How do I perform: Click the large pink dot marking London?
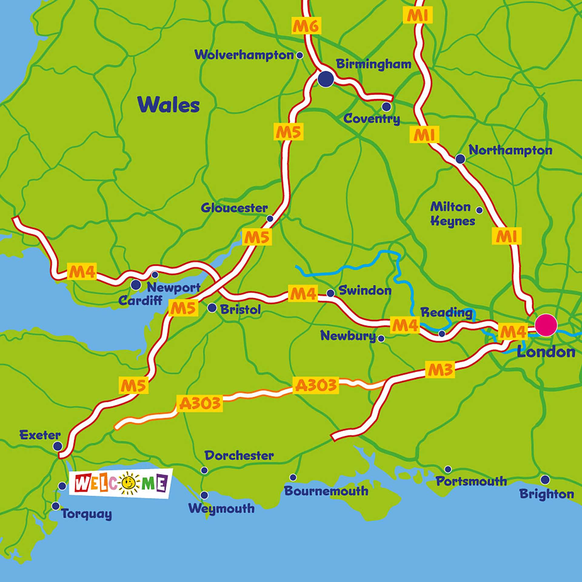click(546, 325)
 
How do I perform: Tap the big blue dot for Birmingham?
click(326, 79)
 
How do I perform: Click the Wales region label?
click(169, 105)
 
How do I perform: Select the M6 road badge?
click(306, 26)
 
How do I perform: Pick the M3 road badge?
click(440, 370)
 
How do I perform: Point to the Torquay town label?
click(87, 514)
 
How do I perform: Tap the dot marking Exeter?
click(57, 446)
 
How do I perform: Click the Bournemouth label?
click(326, 491)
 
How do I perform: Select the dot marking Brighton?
click(545, 480)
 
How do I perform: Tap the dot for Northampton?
click(460, 159)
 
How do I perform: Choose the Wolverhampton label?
click(244, 55)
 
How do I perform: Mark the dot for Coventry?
click(386, 107)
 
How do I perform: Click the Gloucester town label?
click(234, 208)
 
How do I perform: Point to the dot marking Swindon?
click(330, 293)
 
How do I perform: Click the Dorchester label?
click(239, 456)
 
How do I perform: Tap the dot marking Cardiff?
click(135, 285)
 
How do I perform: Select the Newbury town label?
click(348, 336)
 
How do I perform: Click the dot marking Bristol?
click(212, 308)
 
